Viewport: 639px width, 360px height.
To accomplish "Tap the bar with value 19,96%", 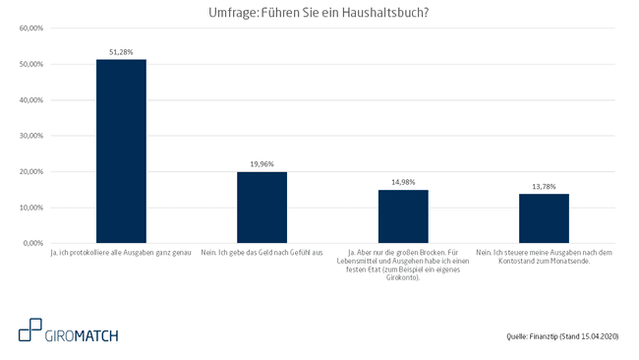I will pos(261,207).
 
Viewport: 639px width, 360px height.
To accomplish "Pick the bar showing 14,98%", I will pos(403,215).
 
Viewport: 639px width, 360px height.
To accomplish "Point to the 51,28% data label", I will pos(121,51).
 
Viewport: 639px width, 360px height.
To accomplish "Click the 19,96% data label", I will pos(261,163).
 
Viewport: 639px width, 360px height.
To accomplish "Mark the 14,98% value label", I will pos(403,181).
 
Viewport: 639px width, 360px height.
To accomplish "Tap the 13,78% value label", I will pos(544,186).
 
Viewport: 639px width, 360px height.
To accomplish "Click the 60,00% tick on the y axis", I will pos(30,29).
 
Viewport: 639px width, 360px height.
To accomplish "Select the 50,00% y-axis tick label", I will pos(30,64).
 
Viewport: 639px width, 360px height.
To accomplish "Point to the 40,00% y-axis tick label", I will pos(30,100).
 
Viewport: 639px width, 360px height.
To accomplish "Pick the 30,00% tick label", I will pos(30,136).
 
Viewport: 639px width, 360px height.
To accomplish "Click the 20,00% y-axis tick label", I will pos(30,172).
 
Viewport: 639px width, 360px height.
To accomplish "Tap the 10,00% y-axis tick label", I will pos(30,208).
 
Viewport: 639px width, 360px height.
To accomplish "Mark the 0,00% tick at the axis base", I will pos(32,243).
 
